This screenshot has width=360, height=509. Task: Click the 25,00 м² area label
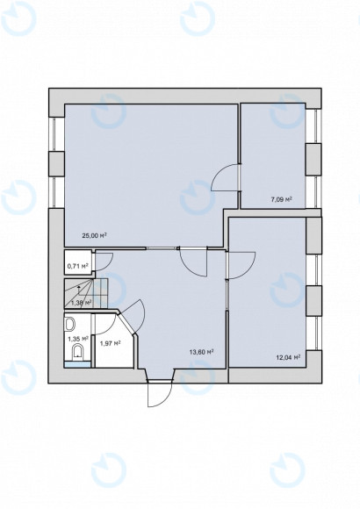pyautogui.click(x=94, y=235)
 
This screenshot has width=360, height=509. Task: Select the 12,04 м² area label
pyautogui.click(x=288, y=357)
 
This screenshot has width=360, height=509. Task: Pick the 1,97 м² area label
pyautogui.click(x=110, y=343)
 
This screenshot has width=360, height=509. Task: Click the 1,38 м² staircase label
pyautogui.click(x=81, y=303)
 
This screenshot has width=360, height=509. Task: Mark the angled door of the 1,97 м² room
pyautogui.click(x=133, y=313)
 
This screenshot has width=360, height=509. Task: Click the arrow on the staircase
pyautogui.click(x=80, y=286)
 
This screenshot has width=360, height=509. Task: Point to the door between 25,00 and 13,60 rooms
pyautogui.click(x=192, y=261)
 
